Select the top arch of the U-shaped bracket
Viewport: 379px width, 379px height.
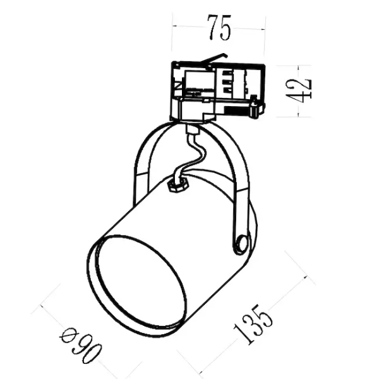tap(189, 126)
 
